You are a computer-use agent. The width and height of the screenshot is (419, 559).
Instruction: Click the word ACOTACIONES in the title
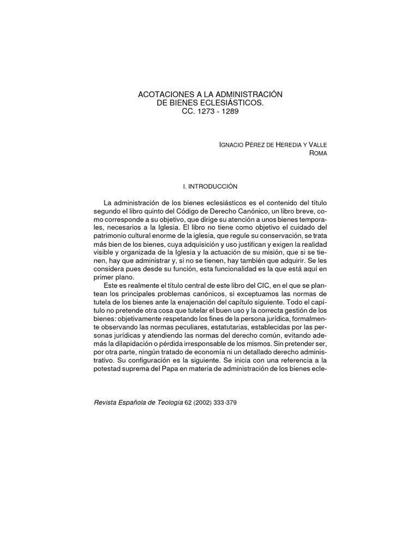coord(163,95)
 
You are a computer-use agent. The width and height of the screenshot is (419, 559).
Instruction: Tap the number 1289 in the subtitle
coord(230,111)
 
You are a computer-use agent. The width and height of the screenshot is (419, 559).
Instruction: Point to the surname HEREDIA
coord(285,144)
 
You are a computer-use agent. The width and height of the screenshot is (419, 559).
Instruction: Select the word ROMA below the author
coord(319,153)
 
